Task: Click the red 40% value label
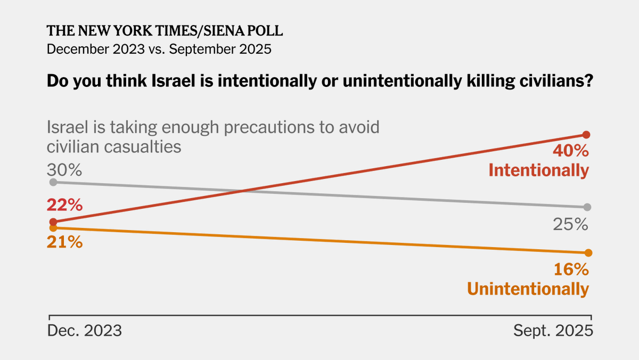pyautogui.click(x=570, y=151)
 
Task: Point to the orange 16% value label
pyautogui.click(x=571, y=269)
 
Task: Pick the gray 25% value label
pyautogui.click(x=570, y=225)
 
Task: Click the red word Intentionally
pyautogui.click(x=539, y=170)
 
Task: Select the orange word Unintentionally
pyautogui.click(x=528, y=289)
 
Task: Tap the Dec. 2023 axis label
pyautogui.click(x=85, y=331)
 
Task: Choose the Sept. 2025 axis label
pyautogui.click(x=553, y=331)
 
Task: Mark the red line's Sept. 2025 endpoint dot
pyautogui.click(x=587, y=135)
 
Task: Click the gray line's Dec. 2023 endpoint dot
pyautogui.click(x=53, y=182)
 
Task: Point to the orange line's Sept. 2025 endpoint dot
pyautogui.click(x=588, y=252)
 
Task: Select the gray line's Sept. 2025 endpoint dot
pyautogui.click(x=587, y=207)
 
